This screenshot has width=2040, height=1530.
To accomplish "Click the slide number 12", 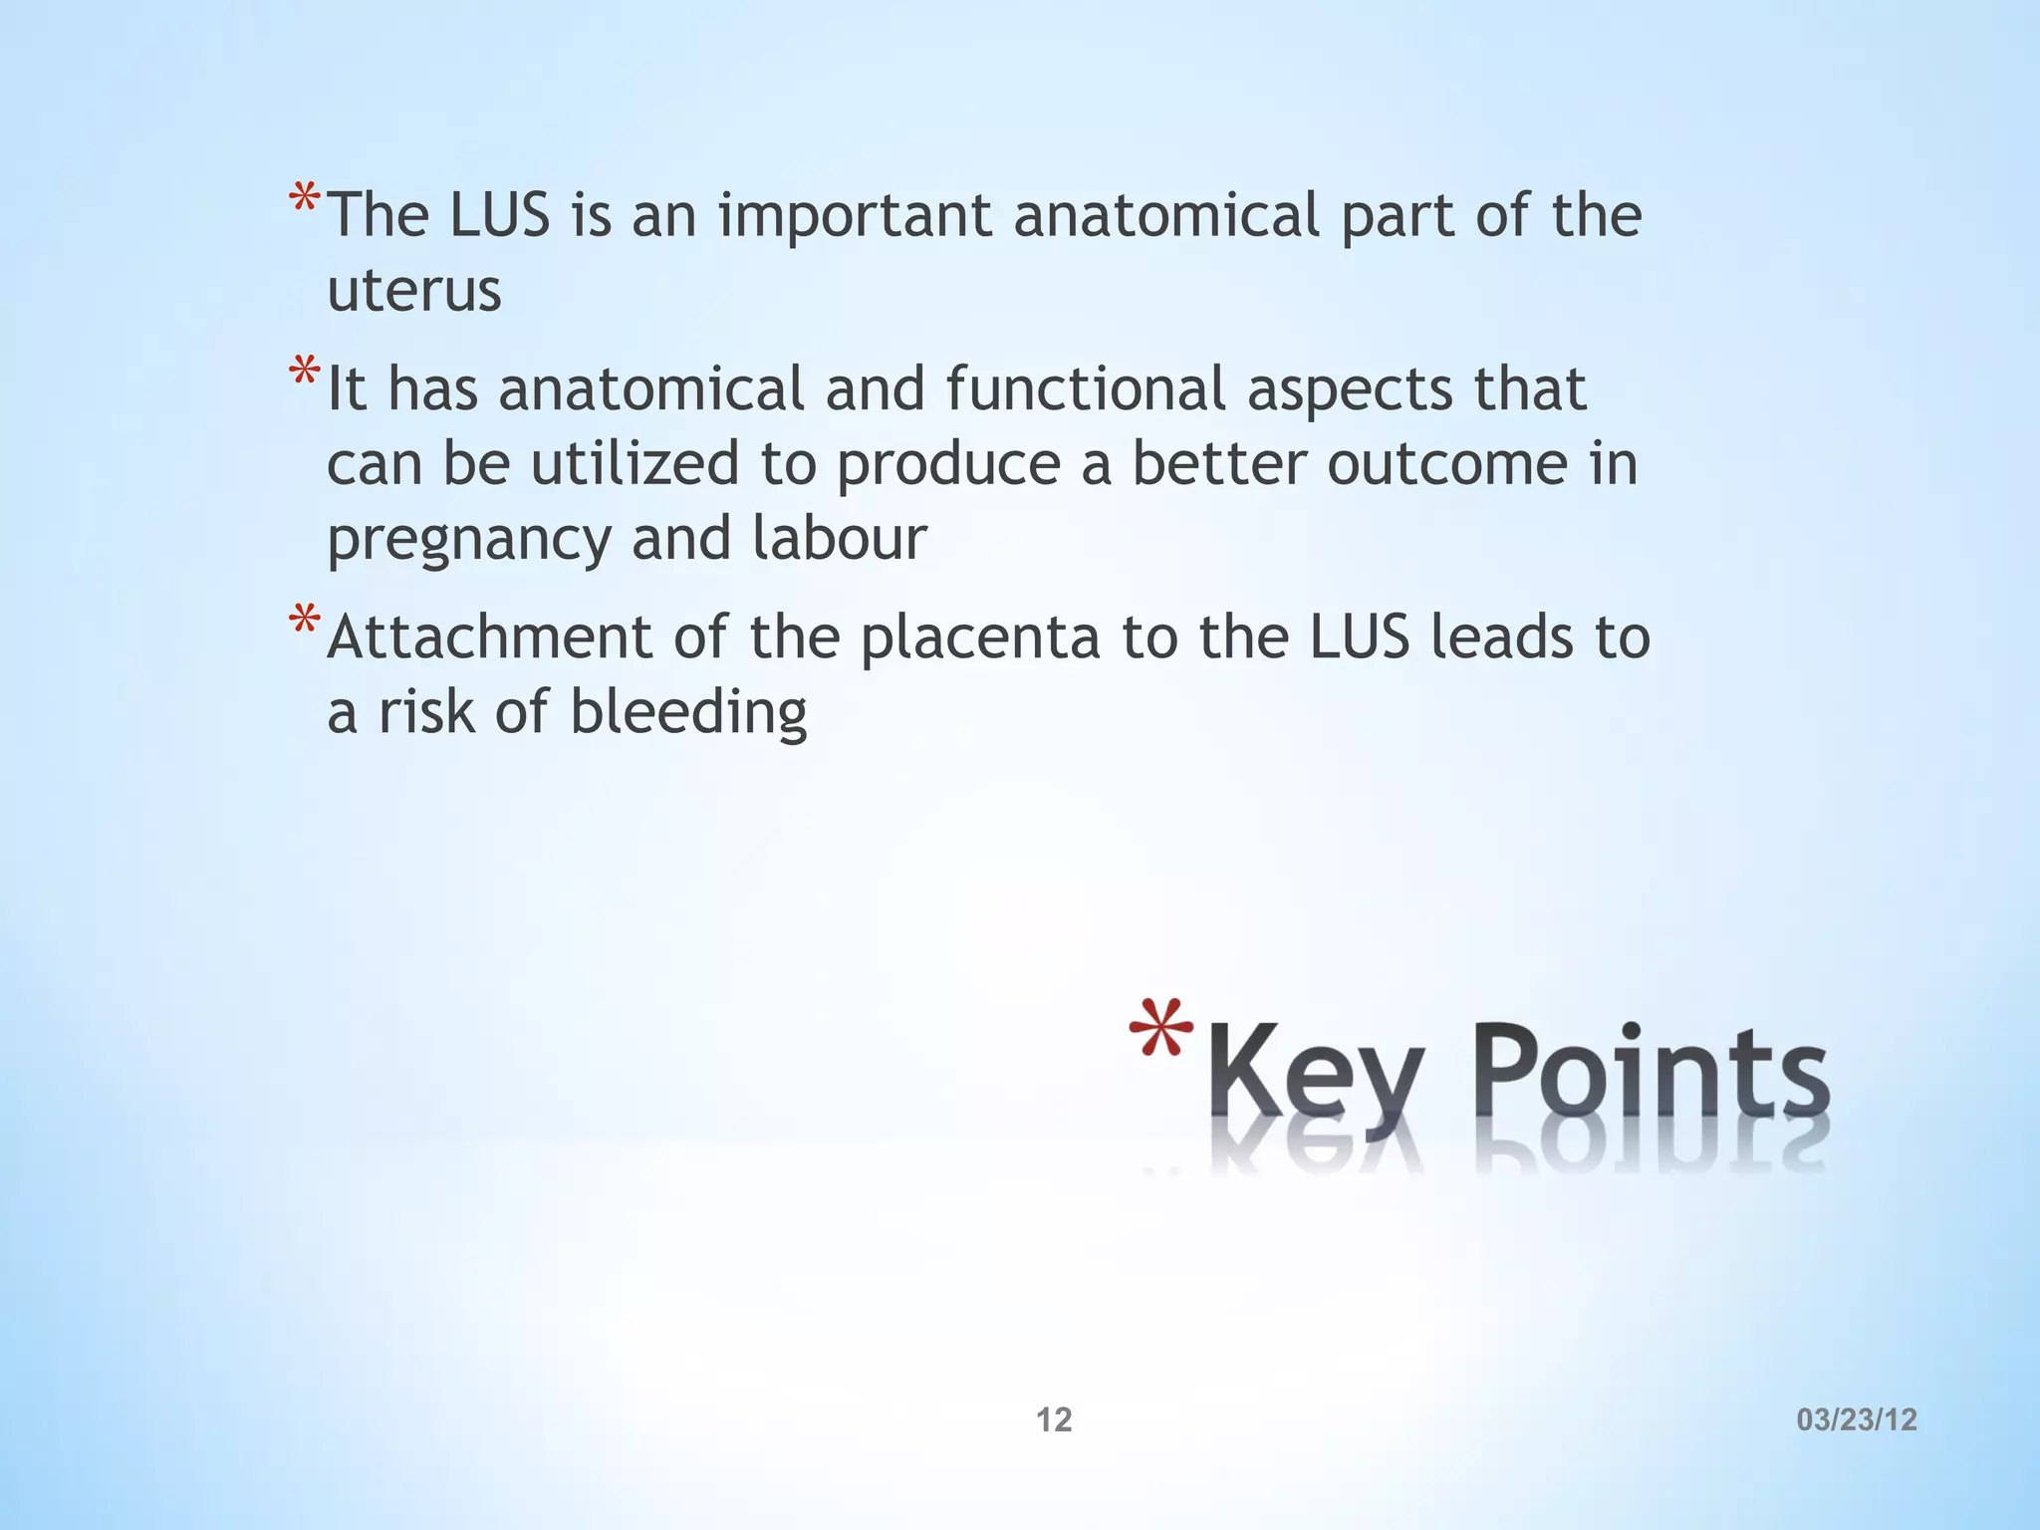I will coord(1054,1419).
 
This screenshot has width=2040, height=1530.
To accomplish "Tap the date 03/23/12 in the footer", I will coord(1857,1419).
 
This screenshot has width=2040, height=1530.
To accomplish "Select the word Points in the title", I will coord(1650,1071).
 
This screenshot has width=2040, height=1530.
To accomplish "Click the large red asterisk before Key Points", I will coord(1161,1030).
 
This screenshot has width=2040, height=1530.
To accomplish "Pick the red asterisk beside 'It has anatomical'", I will coord(304,375).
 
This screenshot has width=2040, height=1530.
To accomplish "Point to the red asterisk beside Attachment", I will coord(304,623).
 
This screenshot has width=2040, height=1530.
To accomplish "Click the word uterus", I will coord(414,291).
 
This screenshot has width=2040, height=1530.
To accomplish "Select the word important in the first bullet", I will coord(855,216).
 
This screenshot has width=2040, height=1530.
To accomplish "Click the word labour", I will coord(839,539).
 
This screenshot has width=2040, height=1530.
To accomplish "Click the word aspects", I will coord(1350,391).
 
